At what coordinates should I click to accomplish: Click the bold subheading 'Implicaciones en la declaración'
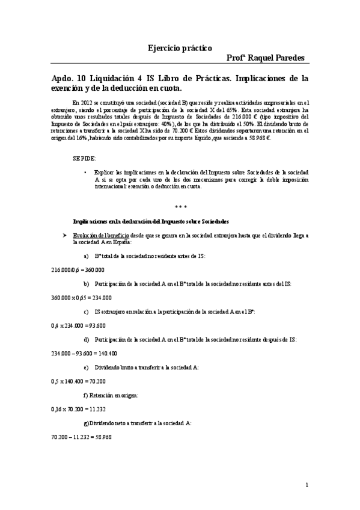click(150, 221)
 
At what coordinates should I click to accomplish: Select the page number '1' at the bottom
click(307, 485)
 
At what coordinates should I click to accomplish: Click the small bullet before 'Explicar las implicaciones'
click(85, 172)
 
